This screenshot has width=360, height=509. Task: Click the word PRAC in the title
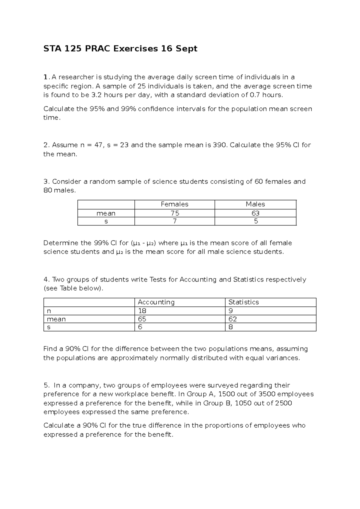click(97, 49)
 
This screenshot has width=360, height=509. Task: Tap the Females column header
click(174, 204)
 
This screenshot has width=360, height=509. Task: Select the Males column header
click(255, 204)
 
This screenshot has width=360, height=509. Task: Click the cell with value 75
click(175, 213)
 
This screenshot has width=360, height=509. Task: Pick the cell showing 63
click(256, 213)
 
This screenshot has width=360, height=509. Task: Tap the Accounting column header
click(156, 302)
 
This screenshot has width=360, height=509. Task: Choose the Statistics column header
click(243, 302)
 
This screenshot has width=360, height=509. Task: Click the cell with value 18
click(142, 311)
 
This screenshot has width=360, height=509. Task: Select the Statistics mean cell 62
click(232, 319)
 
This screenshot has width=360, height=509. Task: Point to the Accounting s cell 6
click(140, 327)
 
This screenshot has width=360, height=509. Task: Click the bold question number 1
click(45, 77)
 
